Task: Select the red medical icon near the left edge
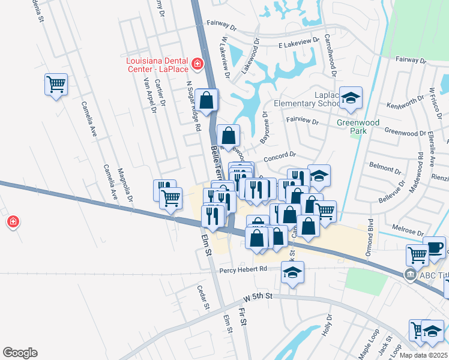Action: click(12, 223)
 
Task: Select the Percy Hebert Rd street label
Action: click(243, 269)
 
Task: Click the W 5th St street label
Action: click(258, 297)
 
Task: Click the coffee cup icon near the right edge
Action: click(434, 247)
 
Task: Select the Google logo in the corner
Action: click(20, 353)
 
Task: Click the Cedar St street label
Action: click(202, 296)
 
